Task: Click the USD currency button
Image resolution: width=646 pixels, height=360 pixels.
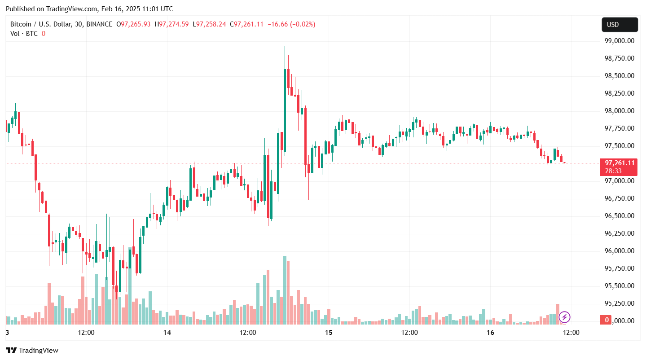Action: coord(620,25)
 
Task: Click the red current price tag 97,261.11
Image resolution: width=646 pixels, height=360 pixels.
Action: coord(619,163)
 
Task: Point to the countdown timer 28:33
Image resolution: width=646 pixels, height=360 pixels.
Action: coord(613,171)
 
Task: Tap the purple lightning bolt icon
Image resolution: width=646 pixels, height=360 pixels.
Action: coord(564,317)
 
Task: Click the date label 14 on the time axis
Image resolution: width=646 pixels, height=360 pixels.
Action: coord(167,333)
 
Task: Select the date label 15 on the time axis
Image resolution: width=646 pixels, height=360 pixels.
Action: coord(329,333)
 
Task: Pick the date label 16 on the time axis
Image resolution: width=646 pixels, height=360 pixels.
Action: coord(490,333)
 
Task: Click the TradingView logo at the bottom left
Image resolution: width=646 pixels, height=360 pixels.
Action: coord(32,350)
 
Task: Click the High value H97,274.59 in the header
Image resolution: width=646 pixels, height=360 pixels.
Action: coord(172,24)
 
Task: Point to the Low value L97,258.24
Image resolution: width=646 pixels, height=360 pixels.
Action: coord(210,24)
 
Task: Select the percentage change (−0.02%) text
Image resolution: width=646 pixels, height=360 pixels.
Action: coord(303,24)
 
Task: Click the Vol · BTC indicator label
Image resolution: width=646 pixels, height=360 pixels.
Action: coord(24,33)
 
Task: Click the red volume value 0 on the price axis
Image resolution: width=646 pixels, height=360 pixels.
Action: coord(606,320)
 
